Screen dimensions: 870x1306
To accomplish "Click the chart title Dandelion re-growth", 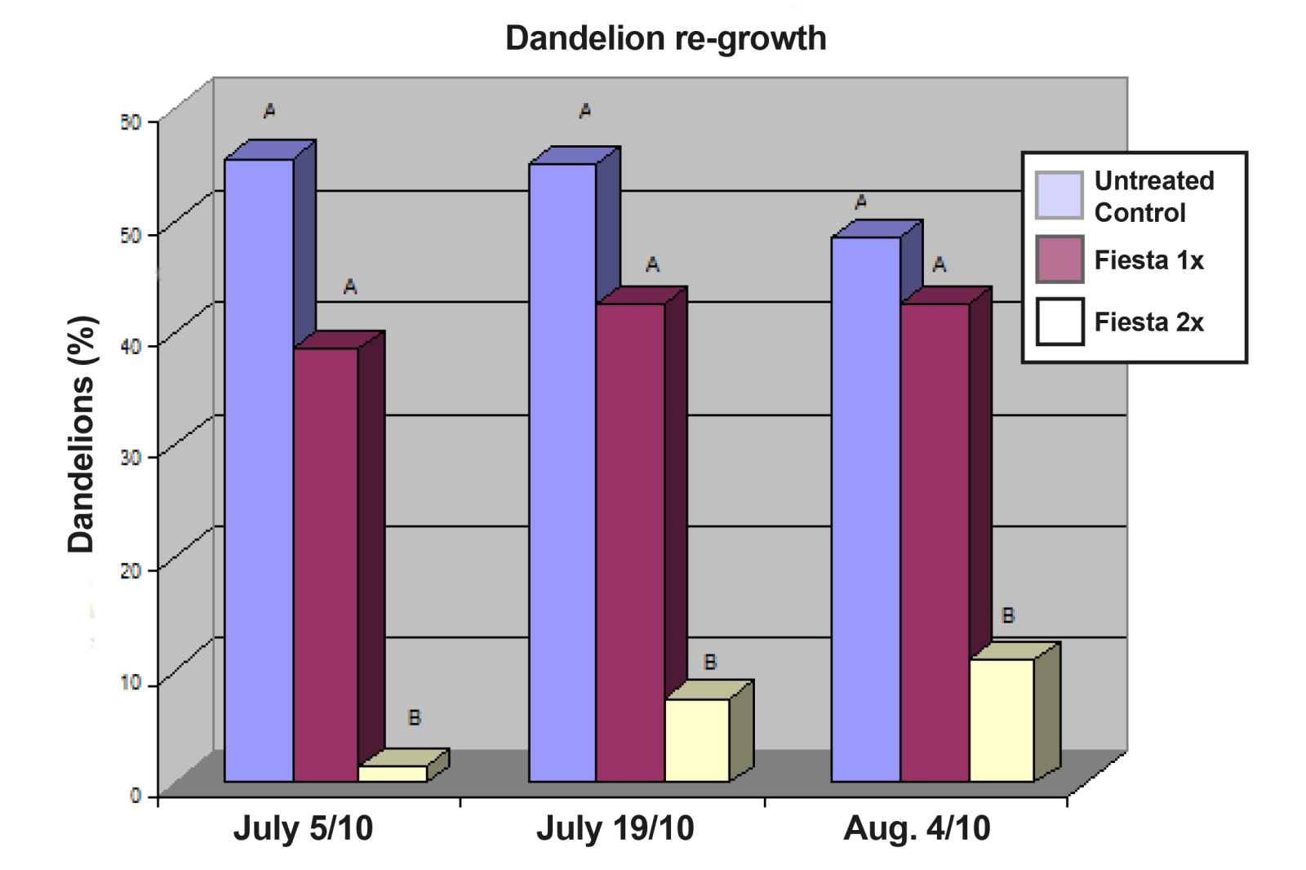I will [665, 38].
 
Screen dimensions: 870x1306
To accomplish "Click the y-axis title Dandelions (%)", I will [82, 434].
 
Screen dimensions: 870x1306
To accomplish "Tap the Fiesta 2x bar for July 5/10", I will [393, 773].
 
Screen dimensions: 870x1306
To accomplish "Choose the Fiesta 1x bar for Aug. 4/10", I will [935, 542].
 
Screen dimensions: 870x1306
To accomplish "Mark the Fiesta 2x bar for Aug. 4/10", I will [1002, 719].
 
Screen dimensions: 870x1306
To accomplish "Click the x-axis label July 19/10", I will [615, 828].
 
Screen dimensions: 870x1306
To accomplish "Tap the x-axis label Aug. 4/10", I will [917, 828].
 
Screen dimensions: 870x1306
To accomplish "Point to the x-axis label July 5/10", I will [303, 828].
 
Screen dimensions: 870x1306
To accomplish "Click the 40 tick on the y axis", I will [131, 346].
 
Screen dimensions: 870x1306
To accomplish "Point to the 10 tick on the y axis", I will [131, 682].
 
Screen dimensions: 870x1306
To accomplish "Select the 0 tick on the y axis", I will [135, 795].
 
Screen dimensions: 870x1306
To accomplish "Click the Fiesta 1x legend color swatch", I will [1059, 260].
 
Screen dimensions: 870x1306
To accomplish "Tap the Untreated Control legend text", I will [1153, 196].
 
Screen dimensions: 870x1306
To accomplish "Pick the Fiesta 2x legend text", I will [1148, 322].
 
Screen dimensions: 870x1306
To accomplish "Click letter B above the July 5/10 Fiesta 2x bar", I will [415, 718].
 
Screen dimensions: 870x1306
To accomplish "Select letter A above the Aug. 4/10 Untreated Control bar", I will [860, 202].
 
